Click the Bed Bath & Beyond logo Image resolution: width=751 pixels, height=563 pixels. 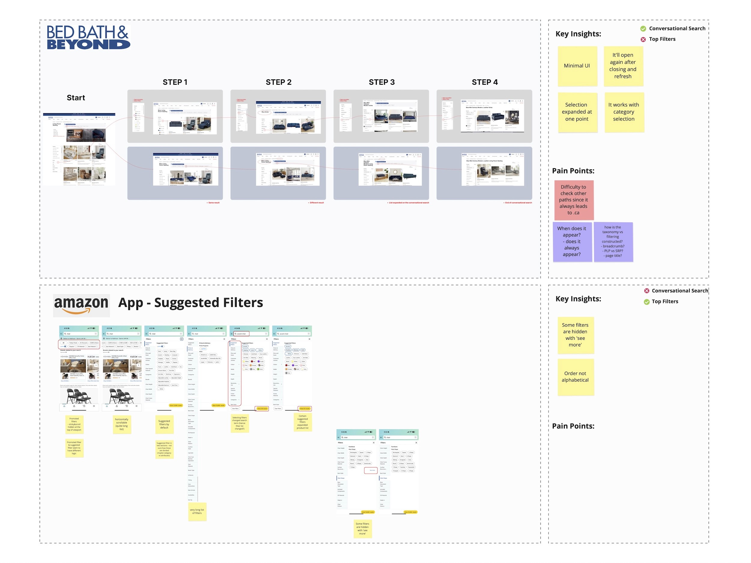tap(88, 37)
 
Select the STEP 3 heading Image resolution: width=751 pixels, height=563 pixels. tap(382, 82)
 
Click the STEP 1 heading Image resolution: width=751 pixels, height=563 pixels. tap(175, 82)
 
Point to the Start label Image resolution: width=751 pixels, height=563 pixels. tap(76, 98)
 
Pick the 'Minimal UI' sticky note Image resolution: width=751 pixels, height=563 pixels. tap(577, 66)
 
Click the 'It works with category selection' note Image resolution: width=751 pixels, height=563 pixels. tap(624, 112)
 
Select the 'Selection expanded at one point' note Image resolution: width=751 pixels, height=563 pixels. tap(577, 112)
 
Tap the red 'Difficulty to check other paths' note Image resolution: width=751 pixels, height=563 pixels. tap(574, 200)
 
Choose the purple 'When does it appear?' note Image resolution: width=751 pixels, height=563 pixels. tap(572, 242)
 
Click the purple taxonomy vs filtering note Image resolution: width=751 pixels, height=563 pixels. tap(613, 242)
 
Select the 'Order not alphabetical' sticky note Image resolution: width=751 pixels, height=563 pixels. tap(576, 377)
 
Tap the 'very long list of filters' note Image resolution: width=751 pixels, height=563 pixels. tap(197, 512)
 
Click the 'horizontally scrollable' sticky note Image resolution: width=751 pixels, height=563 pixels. tap(122, 425)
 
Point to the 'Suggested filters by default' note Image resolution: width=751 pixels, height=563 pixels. tap(164, 425)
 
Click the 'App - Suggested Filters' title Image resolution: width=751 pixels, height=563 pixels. tap(190, 303)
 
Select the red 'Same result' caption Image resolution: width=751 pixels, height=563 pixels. tap(214, 203)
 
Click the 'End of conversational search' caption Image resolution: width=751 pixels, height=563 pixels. tap(518, 203)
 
